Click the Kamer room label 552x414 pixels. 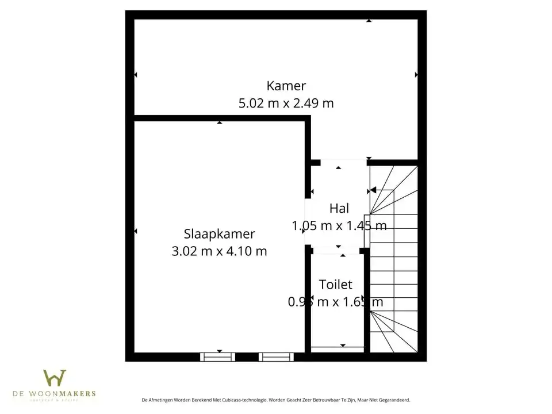(x=286, y=86)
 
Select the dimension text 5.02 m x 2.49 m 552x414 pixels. (x=286, y=103)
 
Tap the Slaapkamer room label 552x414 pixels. (x=219, y=234)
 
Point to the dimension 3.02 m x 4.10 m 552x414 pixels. (x=219, y=251)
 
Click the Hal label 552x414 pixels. (x=339, y=208)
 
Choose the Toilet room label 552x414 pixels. (x=336, y=284)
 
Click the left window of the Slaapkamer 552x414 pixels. (x=218, y=357)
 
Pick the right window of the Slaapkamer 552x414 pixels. (x=276, y=357)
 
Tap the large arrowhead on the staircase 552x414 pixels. (x=373, y=190)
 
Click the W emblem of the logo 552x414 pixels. (x=55, y=378)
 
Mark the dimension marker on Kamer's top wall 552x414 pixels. (x=369, y=21)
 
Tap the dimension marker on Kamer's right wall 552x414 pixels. (x=416, y=75)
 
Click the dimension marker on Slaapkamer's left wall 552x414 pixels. (x=136, y=231)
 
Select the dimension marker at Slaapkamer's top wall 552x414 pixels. (x=219, y=122)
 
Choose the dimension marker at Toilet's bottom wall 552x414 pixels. (x=343, y=345)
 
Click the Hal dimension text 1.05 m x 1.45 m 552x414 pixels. (x=339, y=226)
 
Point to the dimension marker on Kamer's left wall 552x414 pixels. (x=136, y=75)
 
